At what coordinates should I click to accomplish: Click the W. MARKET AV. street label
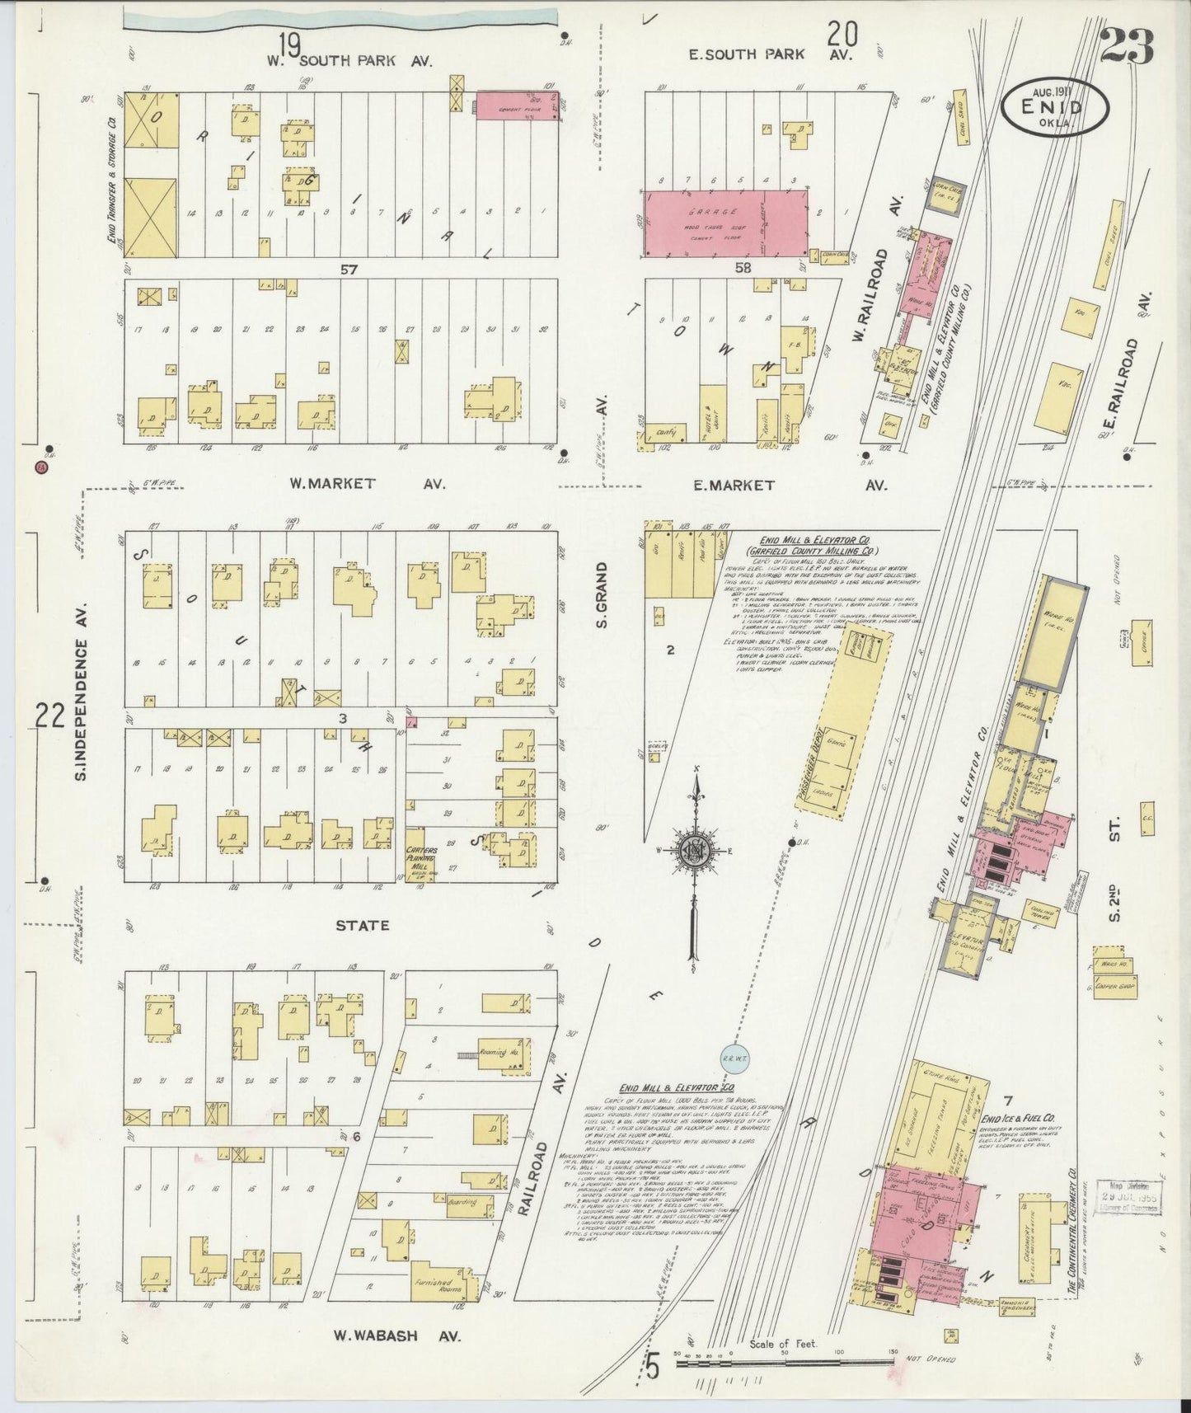click(x=366, y=484)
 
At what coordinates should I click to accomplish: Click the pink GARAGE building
click(x=725, y=222)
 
